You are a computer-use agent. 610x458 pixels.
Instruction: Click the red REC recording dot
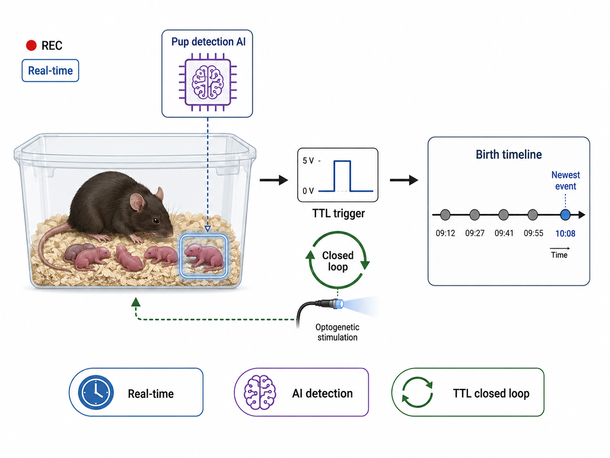(31, 45)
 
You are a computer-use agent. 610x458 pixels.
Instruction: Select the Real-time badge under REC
(50, 70)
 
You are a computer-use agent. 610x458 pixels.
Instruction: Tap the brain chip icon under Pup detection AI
(208, 82)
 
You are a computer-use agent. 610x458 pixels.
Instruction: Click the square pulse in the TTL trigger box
(342, 176)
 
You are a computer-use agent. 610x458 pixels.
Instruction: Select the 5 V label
(308, 161)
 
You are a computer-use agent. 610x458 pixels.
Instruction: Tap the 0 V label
(308, 191)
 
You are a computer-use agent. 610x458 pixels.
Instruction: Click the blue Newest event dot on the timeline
(565, 215)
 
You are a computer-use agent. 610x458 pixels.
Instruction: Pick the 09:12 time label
(445, 233)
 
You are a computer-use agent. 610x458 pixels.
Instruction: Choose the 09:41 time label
(504, 233)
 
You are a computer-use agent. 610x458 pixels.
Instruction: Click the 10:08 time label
(565, 233)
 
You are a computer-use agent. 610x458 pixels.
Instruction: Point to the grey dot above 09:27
(474, 215)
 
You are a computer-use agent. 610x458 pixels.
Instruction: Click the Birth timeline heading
(508, 154)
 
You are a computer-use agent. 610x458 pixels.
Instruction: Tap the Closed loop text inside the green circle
(338, 261)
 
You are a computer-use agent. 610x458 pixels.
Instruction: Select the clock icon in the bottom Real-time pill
(96, 392)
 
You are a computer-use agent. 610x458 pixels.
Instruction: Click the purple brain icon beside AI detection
(260, 392)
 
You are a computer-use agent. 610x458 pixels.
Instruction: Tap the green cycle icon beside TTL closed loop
(417, 392)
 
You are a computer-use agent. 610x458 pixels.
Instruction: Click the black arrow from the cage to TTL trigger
(274, 180)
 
